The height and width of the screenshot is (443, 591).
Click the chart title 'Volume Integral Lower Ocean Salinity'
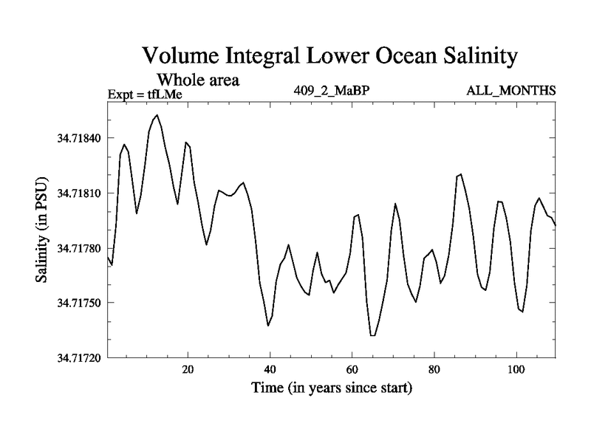point(331,56)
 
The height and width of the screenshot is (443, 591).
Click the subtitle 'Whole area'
point(197,80)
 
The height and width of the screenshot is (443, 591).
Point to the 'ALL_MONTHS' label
point(510,91)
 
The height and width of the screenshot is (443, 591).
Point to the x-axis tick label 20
point(188,369)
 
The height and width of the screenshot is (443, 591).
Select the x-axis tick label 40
point(270,369)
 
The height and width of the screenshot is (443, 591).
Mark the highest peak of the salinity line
point(157,115)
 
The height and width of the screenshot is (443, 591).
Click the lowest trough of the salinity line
point(373,336)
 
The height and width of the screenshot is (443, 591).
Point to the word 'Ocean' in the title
point(388,56)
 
